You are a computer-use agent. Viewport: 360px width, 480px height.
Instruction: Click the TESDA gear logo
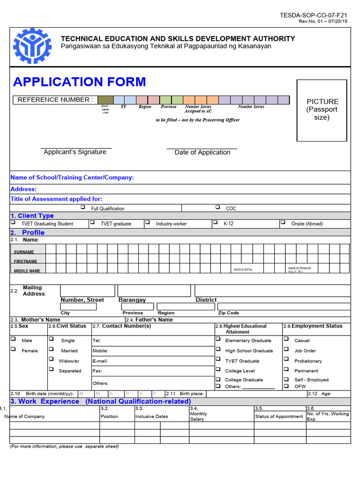32,45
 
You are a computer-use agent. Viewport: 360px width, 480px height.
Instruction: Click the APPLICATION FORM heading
80,82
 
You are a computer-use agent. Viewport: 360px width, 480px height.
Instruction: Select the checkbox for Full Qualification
82,207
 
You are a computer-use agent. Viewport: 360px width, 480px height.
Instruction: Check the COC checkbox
217,207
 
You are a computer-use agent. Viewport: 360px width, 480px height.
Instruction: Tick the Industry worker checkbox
147,223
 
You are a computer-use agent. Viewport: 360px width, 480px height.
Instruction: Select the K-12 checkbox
215,223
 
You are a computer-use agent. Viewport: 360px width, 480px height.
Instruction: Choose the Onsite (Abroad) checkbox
283,223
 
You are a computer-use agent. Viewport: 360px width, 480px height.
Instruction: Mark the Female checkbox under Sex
13,349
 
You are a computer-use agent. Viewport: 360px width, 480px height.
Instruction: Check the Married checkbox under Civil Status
51,349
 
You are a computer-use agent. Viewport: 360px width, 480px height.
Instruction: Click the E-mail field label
100,361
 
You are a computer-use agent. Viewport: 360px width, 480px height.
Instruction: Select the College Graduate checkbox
218,379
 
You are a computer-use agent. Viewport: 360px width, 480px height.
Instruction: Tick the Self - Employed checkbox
285,379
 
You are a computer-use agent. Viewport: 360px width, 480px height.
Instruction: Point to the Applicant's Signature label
75,152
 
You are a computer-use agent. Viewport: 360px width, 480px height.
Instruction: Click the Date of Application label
202,152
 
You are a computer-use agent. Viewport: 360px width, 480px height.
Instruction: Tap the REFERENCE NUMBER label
55,100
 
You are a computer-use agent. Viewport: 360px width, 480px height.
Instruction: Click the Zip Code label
229,313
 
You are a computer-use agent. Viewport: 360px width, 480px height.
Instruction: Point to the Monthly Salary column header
198,416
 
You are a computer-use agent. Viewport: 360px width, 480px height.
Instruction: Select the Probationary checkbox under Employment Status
285,360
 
